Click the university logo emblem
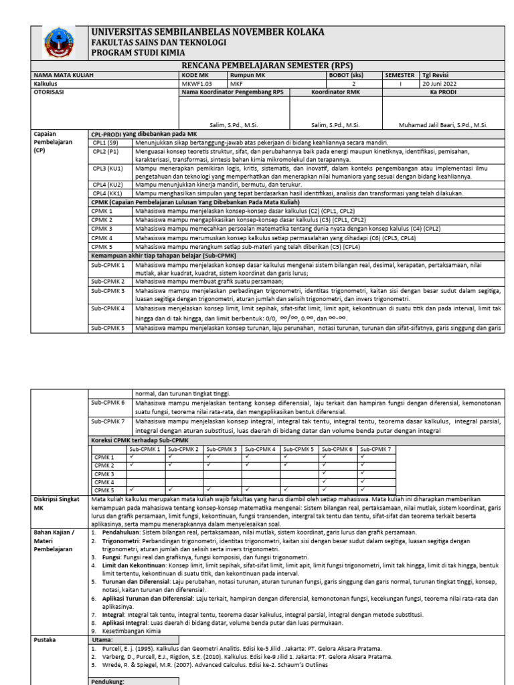coord(60,43)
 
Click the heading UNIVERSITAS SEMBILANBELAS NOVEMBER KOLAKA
coord(207,32)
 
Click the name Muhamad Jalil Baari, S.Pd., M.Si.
coord(442,125)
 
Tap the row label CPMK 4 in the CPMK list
coord(102,237)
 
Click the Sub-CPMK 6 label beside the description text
coord(108,403)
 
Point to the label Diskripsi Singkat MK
coord(58,503)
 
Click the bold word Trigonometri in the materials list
coord(116,539)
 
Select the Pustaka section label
coord(46,640)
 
